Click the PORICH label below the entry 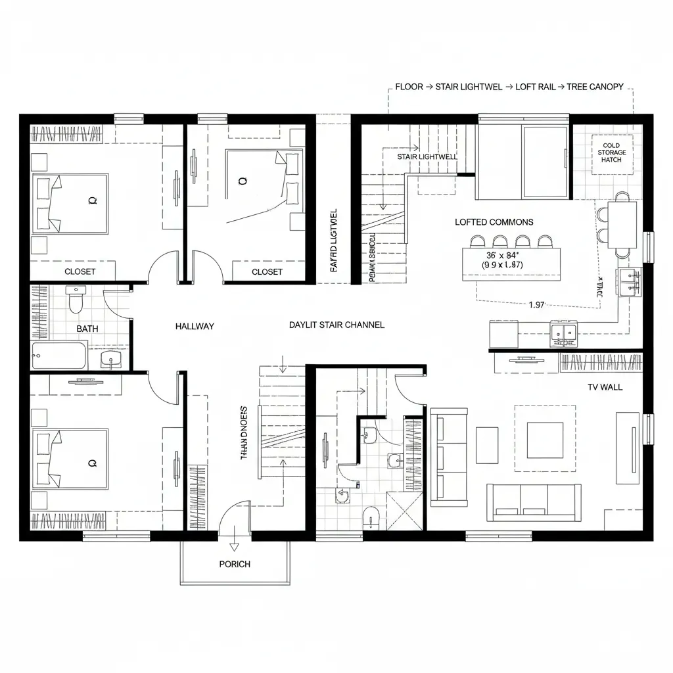click(x=235, y=564)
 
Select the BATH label click(x=87, y=329)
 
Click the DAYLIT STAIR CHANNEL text click(x=336, y=325)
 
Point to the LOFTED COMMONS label click(x=494, y=222)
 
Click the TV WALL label click(x=605, y=387)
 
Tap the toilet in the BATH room click(x=76, y=300)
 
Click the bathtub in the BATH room click(x=59, y=356)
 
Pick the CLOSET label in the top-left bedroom click(x=80, y=271)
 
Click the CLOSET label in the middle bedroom click(x=267, y=271)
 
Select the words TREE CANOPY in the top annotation click(x=597, y=87)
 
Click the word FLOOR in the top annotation click(x=409, y=87)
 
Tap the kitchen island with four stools click(x=511, y=262)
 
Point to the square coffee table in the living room click(x=544, y=439)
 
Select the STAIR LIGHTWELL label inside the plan click(x=427, y=157)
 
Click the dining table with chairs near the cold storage click(x=622, y=224)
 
